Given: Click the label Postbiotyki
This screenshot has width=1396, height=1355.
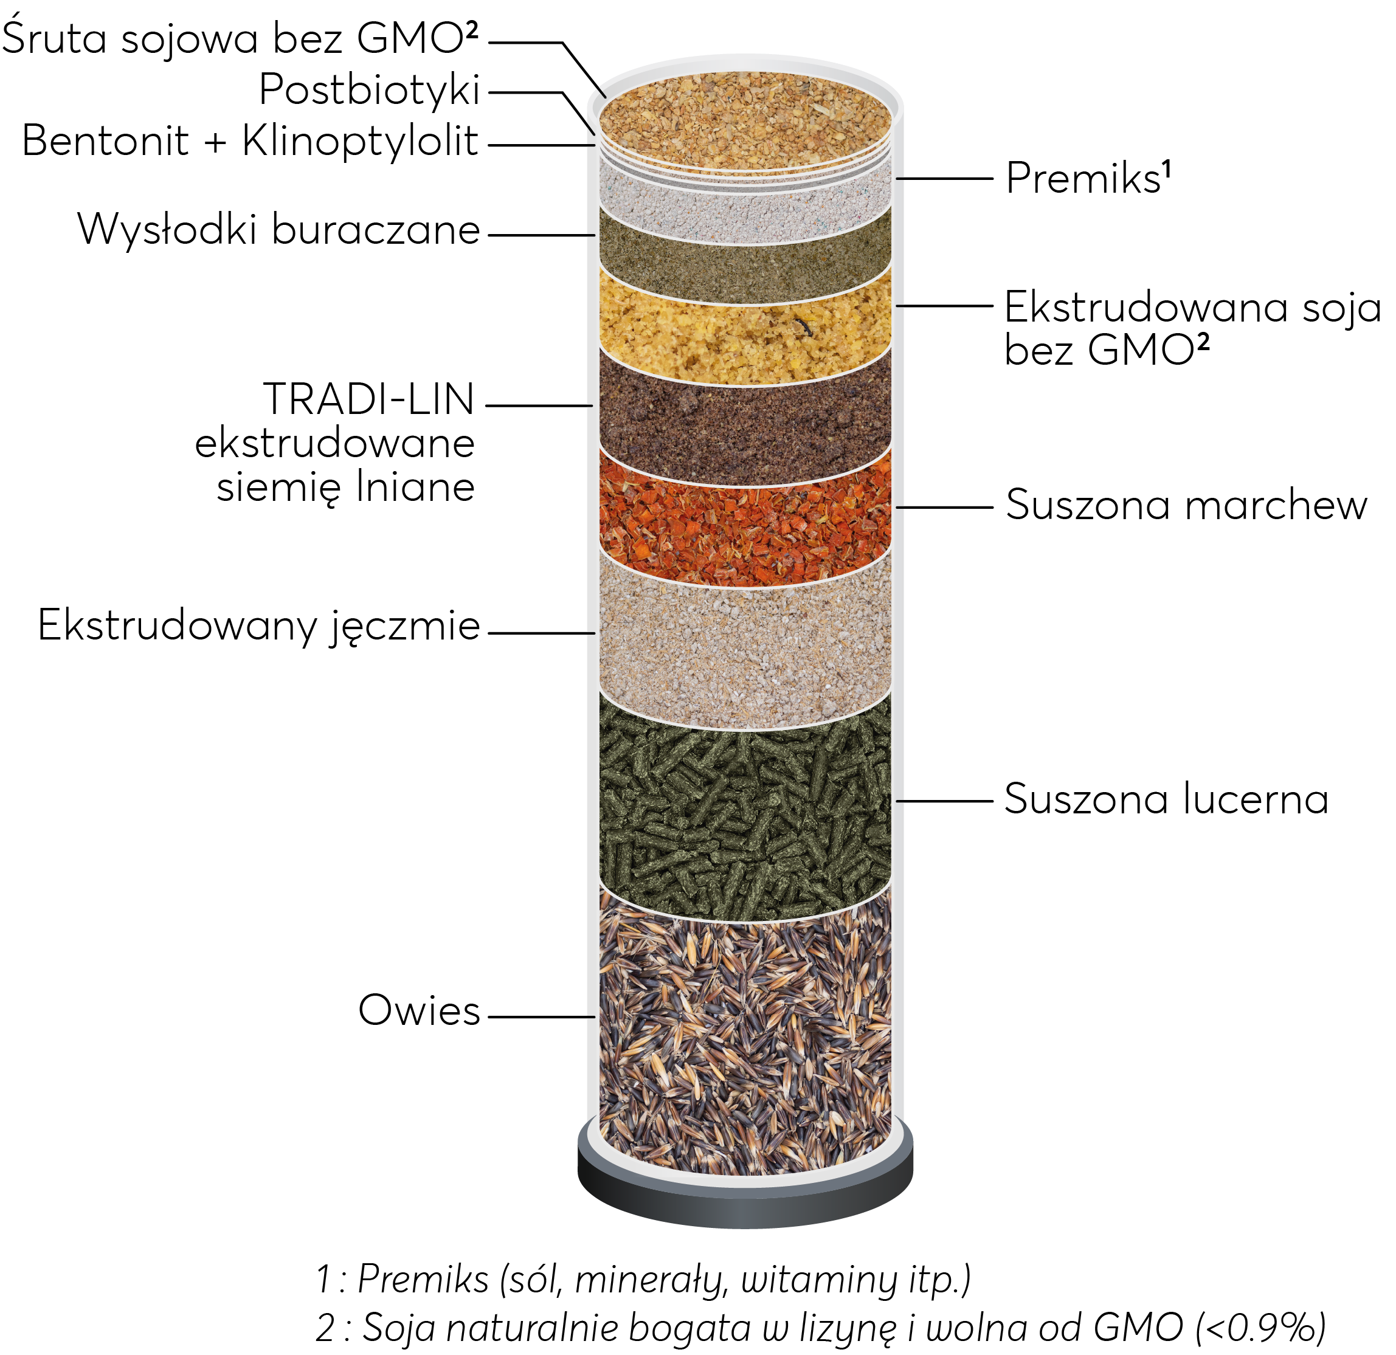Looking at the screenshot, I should (x=369, y=91).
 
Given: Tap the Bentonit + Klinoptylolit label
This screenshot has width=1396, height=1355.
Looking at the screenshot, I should (x=249, y=141).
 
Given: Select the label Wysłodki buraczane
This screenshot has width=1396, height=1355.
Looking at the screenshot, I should (x=278, y=230).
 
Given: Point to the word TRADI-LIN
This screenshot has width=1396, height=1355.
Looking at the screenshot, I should (x=368, y=399).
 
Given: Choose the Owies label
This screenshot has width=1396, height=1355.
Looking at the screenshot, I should (x=419, y=1010).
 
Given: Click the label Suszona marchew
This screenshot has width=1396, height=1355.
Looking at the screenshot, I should (x=1186, y=506).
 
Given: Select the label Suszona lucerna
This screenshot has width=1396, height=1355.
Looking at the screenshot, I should (x=1166, y=799).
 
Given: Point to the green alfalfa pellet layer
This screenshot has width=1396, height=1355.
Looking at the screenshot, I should (x=745, y=812).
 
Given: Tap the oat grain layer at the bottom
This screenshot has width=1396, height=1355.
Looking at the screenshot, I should (x=745, y=1032).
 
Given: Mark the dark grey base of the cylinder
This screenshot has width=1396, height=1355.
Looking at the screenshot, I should (x=745, y=1204).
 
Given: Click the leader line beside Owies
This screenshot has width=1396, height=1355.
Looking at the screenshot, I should (x=541, y=1017).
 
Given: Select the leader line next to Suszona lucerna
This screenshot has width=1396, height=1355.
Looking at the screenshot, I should (x=944, y=801).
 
